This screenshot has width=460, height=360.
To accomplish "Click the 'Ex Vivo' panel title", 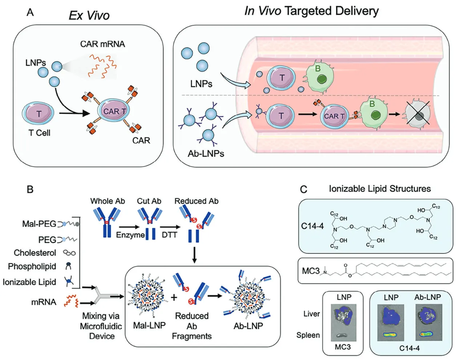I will point(89,15).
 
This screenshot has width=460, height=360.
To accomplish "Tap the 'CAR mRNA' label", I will point(102,44).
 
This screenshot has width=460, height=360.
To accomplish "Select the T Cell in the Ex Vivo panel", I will point(38,114).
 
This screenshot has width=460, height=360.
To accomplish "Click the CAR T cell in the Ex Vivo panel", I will point(114,112).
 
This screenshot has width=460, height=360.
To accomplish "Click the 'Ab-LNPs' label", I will point(206,154).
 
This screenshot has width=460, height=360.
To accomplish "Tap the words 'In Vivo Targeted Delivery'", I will point(311,11).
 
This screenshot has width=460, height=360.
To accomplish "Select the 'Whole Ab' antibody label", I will point(108,201).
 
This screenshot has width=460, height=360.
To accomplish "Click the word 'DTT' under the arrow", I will point(169,235).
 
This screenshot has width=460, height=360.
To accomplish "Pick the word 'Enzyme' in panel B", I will point(130,235).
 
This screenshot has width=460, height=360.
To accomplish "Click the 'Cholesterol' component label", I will point(35,253).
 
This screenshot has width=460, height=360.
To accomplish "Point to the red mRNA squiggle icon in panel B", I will point(71,301).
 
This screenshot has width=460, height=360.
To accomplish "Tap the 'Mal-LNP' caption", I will point(149,325).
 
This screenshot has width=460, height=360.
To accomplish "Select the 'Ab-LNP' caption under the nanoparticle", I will point(248,326).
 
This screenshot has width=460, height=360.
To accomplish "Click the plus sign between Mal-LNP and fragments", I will point(174,297).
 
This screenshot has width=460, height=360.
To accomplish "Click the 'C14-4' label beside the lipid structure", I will point(312,226).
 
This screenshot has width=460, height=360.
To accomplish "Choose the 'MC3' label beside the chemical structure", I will point(311,271).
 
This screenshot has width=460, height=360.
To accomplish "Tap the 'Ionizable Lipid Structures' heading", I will point(380,189).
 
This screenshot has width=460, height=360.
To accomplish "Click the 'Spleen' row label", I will point(308,335).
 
